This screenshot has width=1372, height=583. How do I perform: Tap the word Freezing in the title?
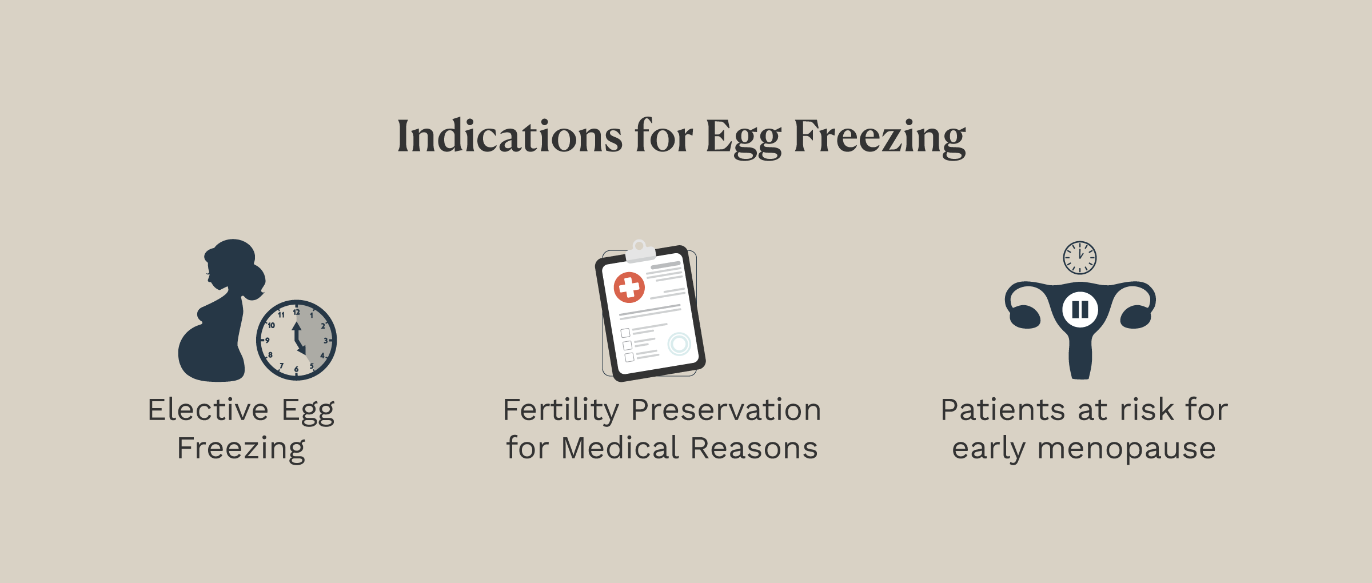click(880, 138)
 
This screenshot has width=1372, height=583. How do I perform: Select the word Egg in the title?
click(744, 138)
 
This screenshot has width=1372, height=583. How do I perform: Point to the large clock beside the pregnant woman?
click(296, 340)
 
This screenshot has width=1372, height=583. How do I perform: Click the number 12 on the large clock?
click(296, 312)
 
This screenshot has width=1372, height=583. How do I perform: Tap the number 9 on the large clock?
click(267, 341)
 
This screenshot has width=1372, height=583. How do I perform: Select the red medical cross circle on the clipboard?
click(629, 287)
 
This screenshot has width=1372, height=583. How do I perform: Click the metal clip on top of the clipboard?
click(640, 251)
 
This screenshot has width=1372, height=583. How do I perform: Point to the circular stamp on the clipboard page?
click(679, 344)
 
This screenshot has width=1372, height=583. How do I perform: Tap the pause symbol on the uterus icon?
click(1080, 310)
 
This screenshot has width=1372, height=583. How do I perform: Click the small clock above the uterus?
click(1080, 258)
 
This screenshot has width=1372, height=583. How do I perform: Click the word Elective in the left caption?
click(208, 410)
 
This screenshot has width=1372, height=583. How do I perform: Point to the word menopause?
click(1126, 450)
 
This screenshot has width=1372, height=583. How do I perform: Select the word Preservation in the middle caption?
click(727, 410)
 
